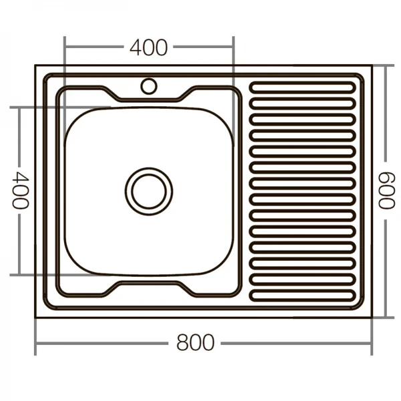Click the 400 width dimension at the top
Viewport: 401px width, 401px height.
point(149,47)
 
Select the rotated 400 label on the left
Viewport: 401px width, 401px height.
point(22,190)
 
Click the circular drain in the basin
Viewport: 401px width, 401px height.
point(148,190)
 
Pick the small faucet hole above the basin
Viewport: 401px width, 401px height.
point(148,86)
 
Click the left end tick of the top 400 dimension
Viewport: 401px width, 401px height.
point(64,47)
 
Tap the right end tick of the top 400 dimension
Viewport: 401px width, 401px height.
point(233,47)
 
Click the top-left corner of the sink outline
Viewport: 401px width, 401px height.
point(36,66)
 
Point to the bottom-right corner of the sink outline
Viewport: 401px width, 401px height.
point(370,317)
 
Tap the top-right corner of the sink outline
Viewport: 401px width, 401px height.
point(370,66)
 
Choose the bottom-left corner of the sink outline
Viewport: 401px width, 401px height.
point(36,317)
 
